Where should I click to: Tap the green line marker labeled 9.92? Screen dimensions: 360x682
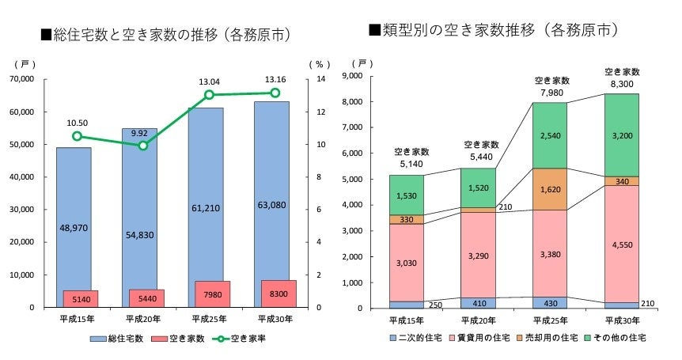143,146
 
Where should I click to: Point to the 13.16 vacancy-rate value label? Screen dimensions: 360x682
275,79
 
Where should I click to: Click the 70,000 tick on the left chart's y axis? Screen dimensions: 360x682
21,79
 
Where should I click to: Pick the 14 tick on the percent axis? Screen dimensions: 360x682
320,79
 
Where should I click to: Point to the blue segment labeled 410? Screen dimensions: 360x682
480,302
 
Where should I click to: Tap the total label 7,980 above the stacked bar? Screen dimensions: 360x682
552,93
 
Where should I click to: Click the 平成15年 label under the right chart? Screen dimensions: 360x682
407,320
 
